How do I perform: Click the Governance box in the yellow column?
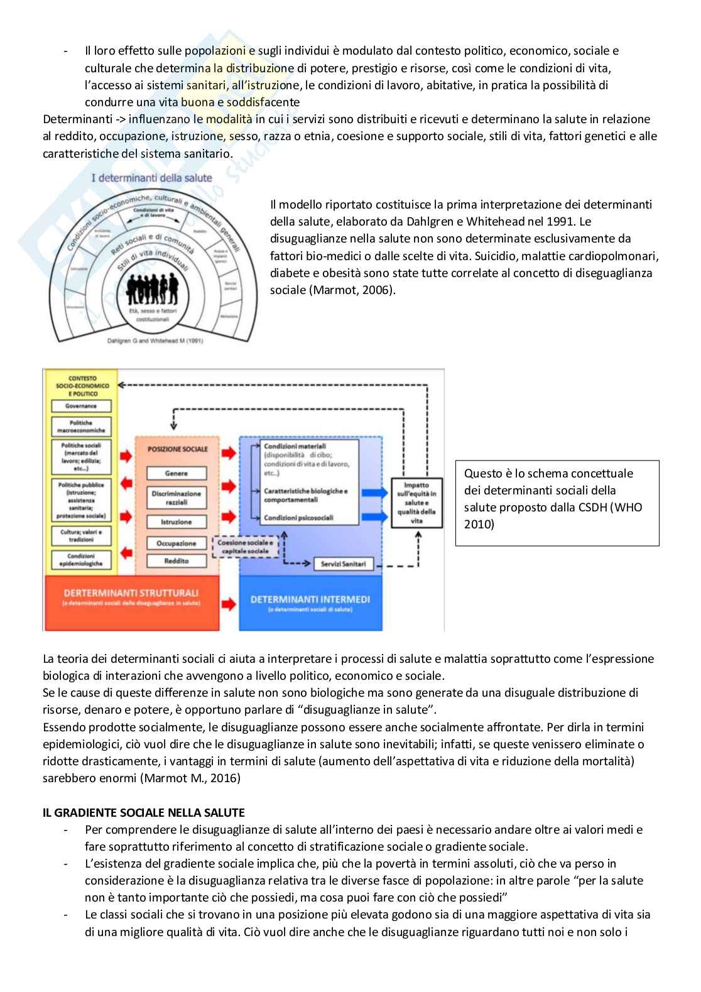click(x=81, y=406)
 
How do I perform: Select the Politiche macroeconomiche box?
click(x=81, y=427)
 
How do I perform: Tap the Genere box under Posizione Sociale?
click(x=177, y=473)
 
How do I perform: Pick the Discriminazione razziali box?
click(x=177, y=498)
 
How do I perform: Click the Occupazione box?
click(x=177, y=543)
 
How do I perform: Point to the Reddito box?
click(x=177, y=560)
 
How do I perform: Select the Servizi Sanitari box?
click(x=343, y=564)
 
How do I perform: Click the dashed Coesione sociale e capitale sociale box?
click(x=245, y=547)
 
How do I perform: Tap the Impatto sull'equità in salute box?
click(x=416, y=503)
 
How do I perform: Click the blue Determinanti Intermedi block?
click(x=310, y=602)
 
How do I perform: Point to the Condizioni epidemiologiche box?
click(x=81, y=560)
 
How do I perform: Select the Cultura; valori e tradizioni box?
click(x=81, y=535)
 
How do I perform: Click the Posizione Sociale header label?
click(x=177, y=449)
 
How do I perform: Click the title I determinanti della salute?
click(x=152, y=178)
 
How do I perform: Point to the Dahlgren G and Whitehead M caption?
click(x=155, y=341)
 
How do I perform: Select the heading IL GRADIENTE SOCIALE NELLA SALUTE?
click(x=144, y=812)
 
